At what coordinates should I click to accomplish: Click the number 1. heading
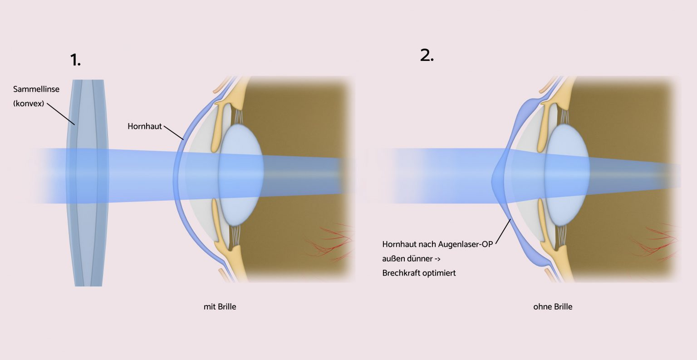75,60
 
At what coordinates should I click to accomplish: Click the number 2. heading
427,55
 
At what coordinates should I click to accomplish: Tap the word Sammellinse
36,89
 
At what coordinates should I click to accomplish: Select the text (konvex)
29,104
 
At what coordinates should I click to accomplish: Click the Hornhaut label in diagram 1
145,126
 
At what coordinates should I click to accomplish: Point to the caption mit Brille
220,307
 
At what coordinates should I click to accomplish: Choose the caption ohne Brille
553,307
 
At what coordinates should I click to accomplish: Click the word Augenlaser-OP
466,244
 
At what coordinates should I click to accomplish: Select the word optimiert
437,273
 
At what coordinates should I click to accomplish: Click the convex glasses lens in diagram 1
88,183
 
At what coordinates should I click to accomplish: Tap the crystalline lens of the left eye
241,175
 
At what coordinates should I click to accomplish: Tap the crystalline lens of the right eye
567,175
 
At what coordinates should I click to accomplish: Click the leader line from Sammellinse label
61,114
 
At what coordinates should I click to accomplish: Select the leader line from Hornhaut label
174,133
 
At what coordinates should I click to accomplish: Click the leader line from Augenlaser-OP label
503,232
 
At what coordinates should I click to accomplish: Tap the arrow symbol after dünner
437,259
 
